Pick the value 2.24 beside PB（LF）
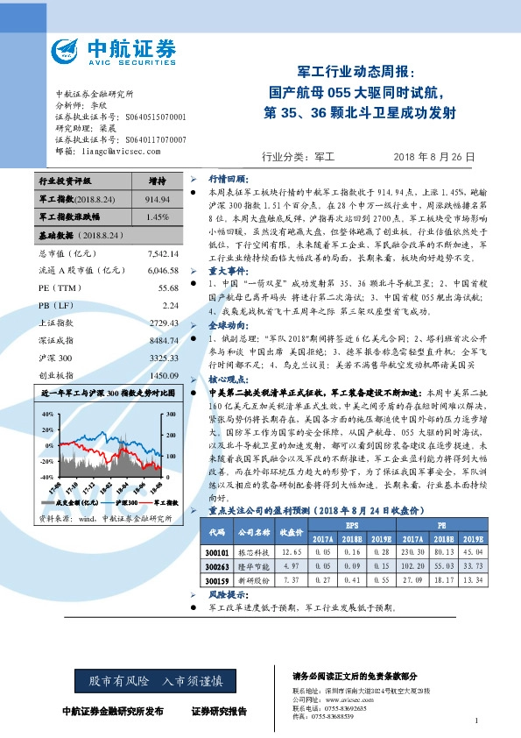pos(170,304)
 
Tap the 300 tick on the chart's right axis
pos(172,413)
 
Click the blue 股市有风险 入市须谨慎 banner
pos(150,680)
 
